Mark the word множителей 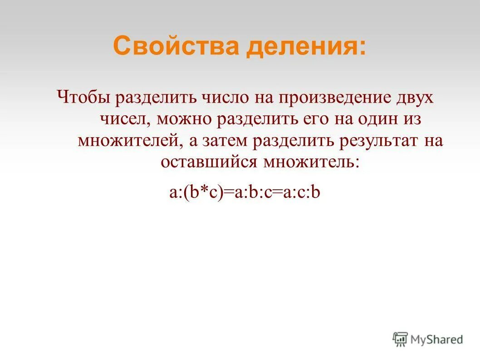[x=129, y=141]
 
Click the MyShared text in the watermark [x=436, y=339]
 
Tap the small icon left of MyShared [x=400, y=339]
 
